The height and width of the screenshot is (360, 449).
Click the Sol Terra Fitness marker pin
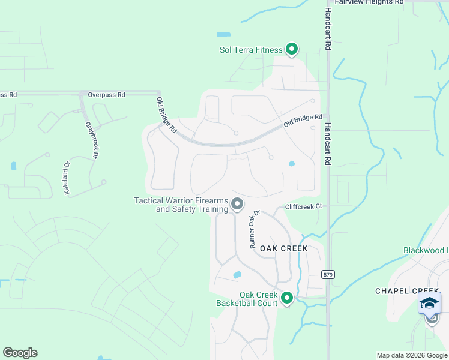(292, 49)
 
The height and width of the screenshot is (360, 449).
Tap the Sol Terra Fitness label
(250, 50)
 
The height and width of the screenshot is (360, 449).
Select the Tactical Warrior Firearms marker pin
(237, 204)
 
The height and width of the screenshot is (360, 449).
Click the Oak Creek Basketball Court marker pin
(287, 297)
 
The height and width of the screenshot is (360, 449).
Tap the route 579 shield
(327, 274)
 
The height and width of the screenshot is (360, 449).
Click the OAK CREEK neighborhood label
(283, 248)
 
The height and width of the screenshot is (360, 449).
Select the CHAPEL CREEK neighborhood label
(408, 290)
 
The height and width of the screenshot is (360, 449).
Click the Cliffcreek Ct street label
(304, 206)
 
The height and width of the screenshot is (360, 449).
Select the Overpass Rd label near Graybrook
(106, 95)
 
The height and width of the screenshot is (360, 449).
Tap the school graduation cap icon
(429, 302)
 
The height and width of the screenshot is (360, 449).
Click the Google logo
(20, 353)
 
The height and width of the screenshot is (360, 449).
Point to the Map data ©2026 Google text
(412, 355)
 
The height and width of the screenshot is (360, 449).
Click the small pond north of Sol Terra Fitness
(223, 34)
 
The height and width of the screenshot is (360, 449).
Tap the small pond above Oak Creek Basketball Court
(237, 275)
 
